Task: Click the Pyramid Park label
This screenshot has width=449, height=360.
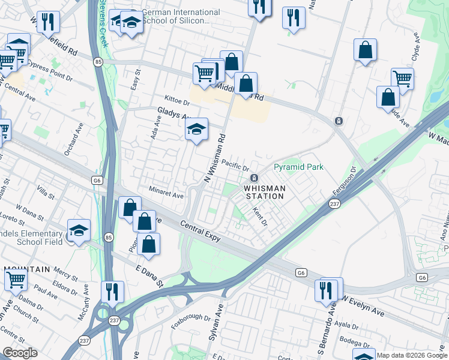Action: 298,167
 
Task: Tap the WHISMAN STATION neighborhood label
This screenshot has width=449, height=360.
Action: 264,192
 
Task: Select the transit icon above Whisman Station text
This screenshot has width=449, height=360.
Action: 254,178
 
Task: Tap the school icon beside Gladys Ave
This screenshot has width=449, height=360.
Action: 196,129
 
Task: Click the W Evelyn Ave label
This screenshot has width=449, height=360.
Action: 363,304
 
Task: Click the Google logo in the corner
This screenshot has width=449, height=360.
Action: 20,352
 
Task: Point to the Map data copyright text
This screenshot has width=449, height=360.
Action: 412,355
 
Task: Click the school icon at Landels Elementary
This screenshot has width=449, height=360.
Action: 77,232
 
